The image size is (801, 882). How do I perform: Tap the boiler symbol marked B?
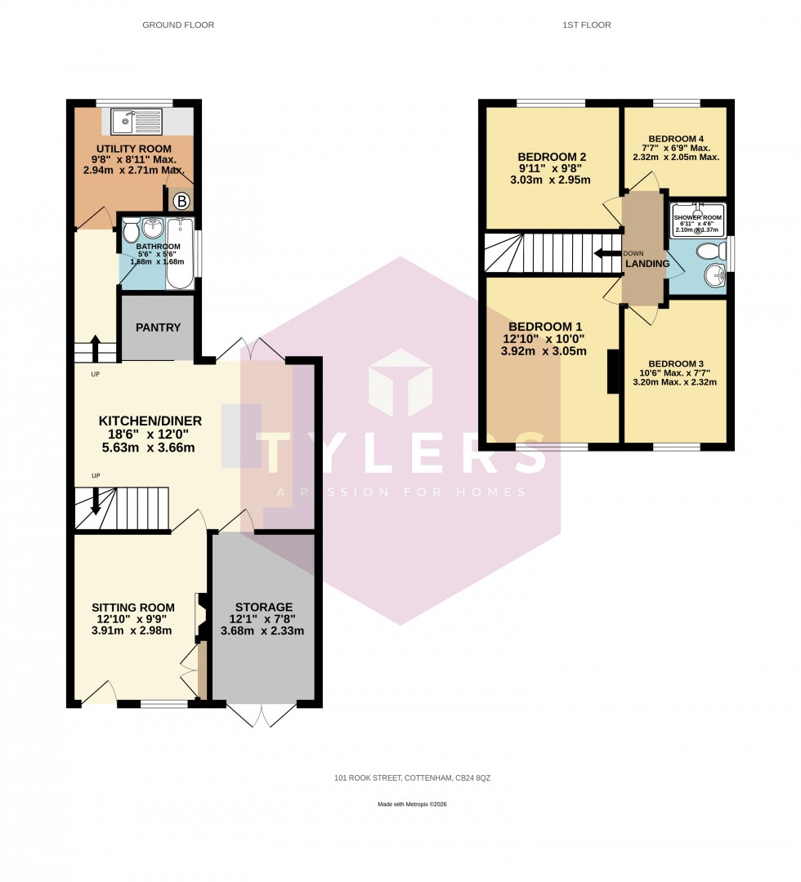pos(181,201)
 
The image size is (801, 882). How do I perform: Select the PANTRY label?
pos(158,327)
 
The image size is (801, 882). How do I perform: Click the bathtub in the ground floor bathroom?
pos(180,253)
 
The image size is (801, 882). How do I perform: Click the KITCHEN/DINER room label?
pos(150,421)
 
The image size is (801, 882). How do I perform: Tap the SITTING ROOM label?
pos(132,608)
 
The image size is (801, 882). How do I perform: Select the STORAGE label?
pos(263,607)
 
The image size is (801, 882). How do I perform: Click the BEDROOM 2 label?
pos(552,157)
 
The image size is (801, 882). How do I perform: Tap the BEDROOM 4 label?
pos(676,139)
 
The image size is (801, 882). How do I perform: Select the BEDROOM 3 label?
pos(675,363)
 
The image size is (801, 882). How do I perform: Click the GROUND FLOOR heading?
pos(178,25)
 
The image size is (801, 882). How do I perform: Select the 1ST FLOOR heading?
pos(586,25)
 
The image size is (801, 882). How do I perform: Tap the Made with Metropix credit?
pos(412,804)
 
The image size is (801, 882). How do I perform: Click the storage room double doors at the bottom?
pos(262,715)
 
